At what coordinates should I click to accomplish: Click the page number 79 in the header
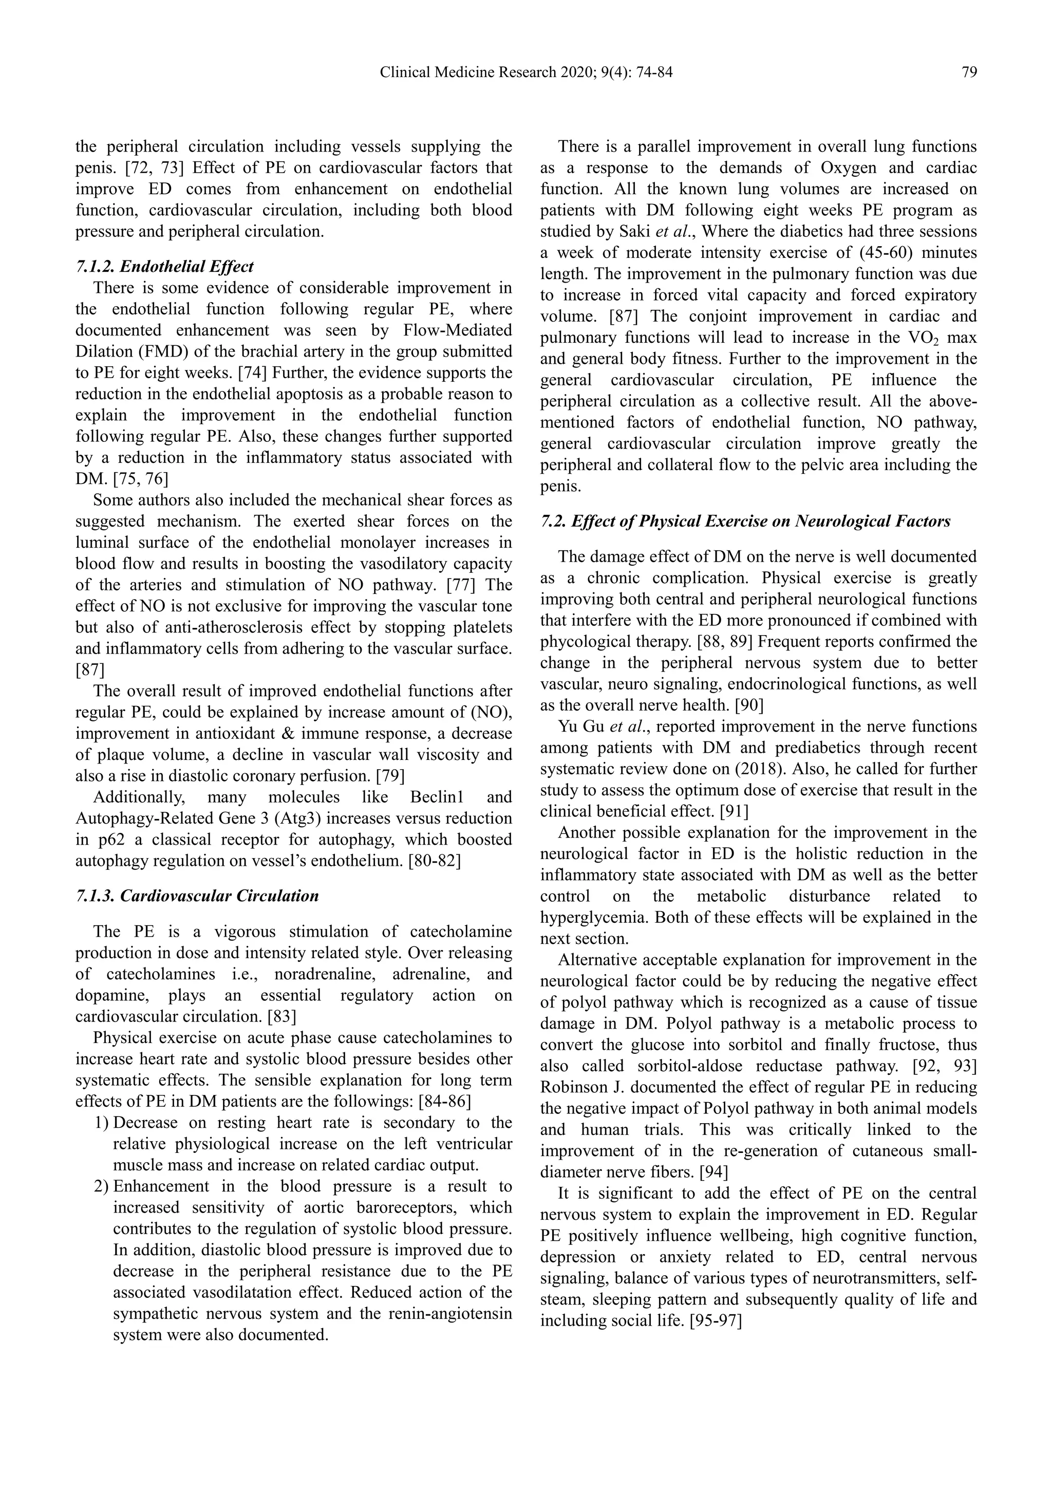tap(968, 72)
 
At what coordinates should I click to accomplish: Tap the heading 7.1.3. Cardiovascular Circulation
tap(197, 896)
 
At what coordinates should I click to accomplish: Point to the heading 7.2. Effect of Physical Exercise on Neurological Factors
tap(745, 522)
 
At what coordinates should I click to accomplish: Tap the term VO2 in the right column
tap(916, 339)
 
